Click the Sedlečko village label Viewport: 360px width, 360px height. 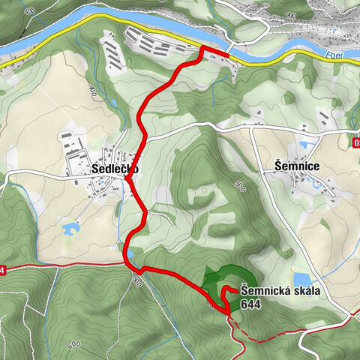click(115, 169)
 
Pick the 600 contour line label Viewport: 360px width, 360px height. click(73, 323)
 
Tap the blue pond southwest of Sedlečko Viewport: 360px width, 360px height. click(71, 226)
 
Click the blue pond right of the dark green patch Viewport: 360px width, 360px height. click(300, 278)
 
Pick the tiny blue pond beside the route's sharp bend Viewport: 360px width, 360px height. click(132, 254)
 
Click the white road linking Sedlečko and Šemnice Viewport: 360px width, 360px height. click(202, 128)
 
